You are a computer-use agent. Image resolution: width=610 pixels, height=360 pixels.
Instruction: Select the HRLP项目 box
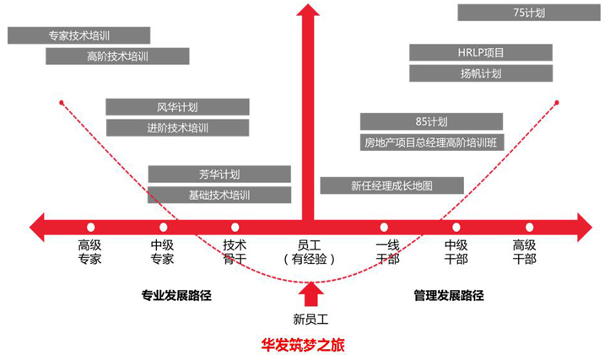point(481,52)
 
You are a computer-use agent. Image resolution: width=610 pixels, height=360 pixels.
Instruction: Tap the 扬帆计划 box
point(481,73)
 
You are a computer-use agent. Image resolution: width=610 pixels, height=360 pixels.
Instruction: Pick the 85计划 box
point(432,121)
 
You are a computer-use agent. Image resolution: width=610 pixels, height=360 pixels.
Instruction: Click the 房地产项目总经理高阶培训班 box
point(432,142)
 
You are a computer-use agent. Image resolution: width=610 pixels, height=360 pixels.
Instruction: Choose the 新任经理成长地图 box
point(392,185)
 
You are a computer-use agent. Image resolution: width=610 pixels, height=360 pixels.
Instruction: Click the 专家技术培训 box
point(78,35)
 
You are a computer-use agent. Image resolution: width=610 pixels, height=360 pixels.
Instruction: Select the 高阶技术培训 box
point(117,56)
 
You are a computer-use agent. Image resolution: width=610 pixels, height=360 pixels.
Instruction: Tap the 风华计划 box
point(177,107)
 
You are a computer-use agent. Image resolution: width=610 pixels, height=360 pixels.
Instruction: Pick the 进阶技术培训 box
point(177,128)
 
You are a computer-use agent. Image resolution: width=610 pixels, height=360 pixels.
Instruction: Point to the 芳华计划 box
point(219,175)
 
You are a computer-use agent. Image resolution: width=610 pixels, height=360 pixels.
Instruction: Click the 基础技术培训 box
point(219,195)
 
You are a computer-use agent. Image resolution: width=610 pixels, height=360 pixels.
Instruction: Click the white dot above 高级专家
point(90,227)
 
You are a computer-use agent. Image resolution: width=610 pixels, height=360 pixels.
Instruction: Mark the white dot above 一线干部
point(384,227)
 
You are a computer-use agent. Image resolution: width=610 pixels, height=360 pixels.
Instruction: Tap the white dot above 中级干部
point(456,227)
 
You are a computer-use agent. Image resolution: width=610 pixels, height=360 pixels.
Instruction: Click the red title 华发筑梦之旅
point(304,345)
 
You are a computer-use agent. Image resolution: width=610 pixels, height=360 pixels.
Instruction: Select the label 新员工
point(309,319)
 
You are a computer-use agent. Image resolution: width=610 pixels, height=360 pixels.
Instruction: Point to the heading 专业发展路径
point(175,296)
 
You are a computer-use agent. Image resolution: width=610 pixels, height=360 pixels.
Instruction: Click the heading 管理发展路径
point(449,296)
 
